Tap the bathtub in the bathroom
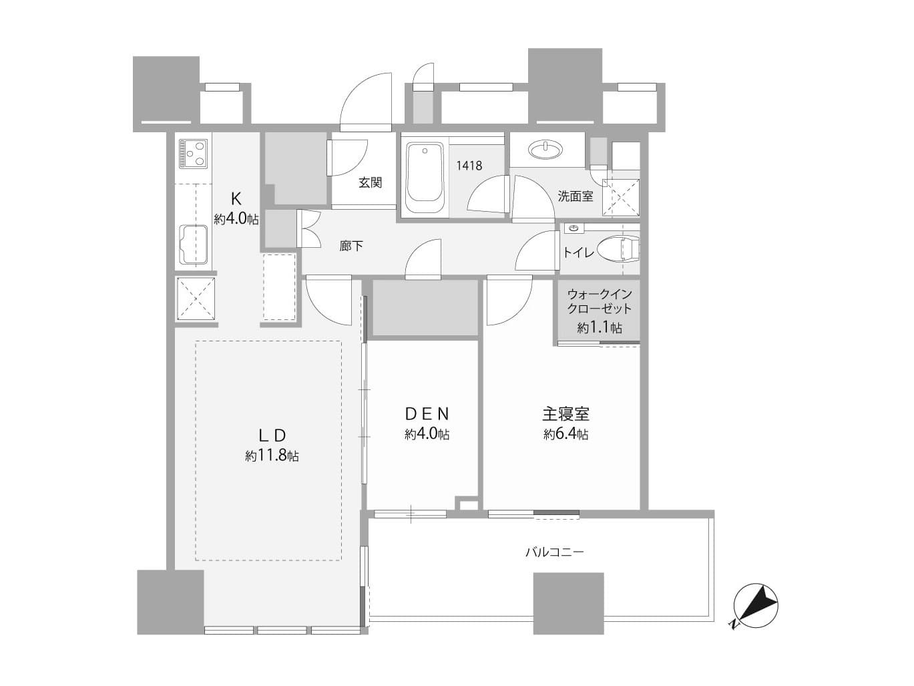tap(425, 173)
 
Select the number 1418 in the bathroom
tap(469, 165)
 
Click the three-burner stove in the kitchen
tap(194, 154)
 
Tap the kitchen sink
tap(192, 244)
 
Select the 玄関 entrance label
tap(370, 182)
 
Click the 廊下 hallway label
tap(351, 246)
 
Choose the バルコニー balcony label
tap(554, 552)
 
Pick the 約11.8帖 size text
tap(272, 456)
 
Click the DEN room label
tap(427, 413)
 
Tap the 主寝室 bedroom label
tap(565, 413)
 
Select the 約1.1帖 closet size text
tap(600, 327)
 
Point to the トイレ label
tap(578, 252)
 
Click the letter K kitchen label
tap(236, 198)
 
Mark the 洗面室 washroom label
tap(575, 196)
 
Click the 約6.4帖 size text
tap(565, 434)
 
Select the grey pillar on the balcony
tap(568, 603)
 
